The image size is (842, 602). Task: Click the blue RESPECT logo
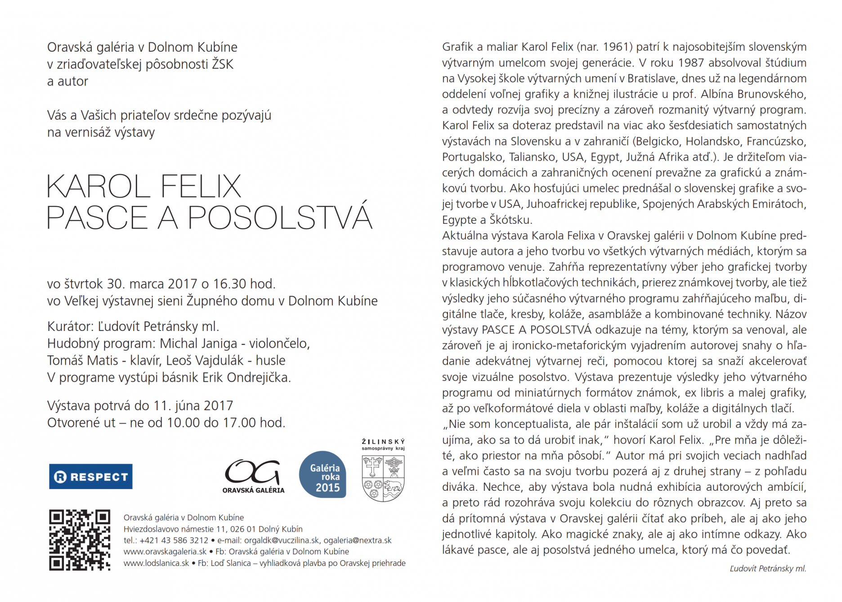point(90,476)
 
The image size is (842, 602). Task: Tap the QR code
point(80,540)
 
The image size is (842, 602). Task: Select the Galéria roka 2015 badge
point(322,474)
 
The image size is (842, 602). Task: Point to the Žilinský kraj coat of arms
point(383,477)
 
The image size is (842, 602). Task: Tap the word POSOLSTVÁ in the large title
point(280,218)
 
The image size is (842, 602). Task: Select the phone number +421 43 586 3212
point(174,540)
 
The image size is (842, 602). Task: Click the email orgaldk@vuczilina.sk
point(282,540)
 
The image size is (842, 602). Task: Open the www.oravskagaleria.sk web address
point(165,552)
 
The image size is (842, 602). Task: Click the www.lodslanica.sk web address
point(157,563)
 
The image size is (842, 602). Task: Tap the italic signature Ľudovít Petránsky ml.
point(767,569)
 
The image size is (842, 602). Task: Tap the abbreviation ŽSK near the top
point(223,64)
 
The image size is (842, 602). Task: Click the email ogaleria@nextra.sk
point(358,540)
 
